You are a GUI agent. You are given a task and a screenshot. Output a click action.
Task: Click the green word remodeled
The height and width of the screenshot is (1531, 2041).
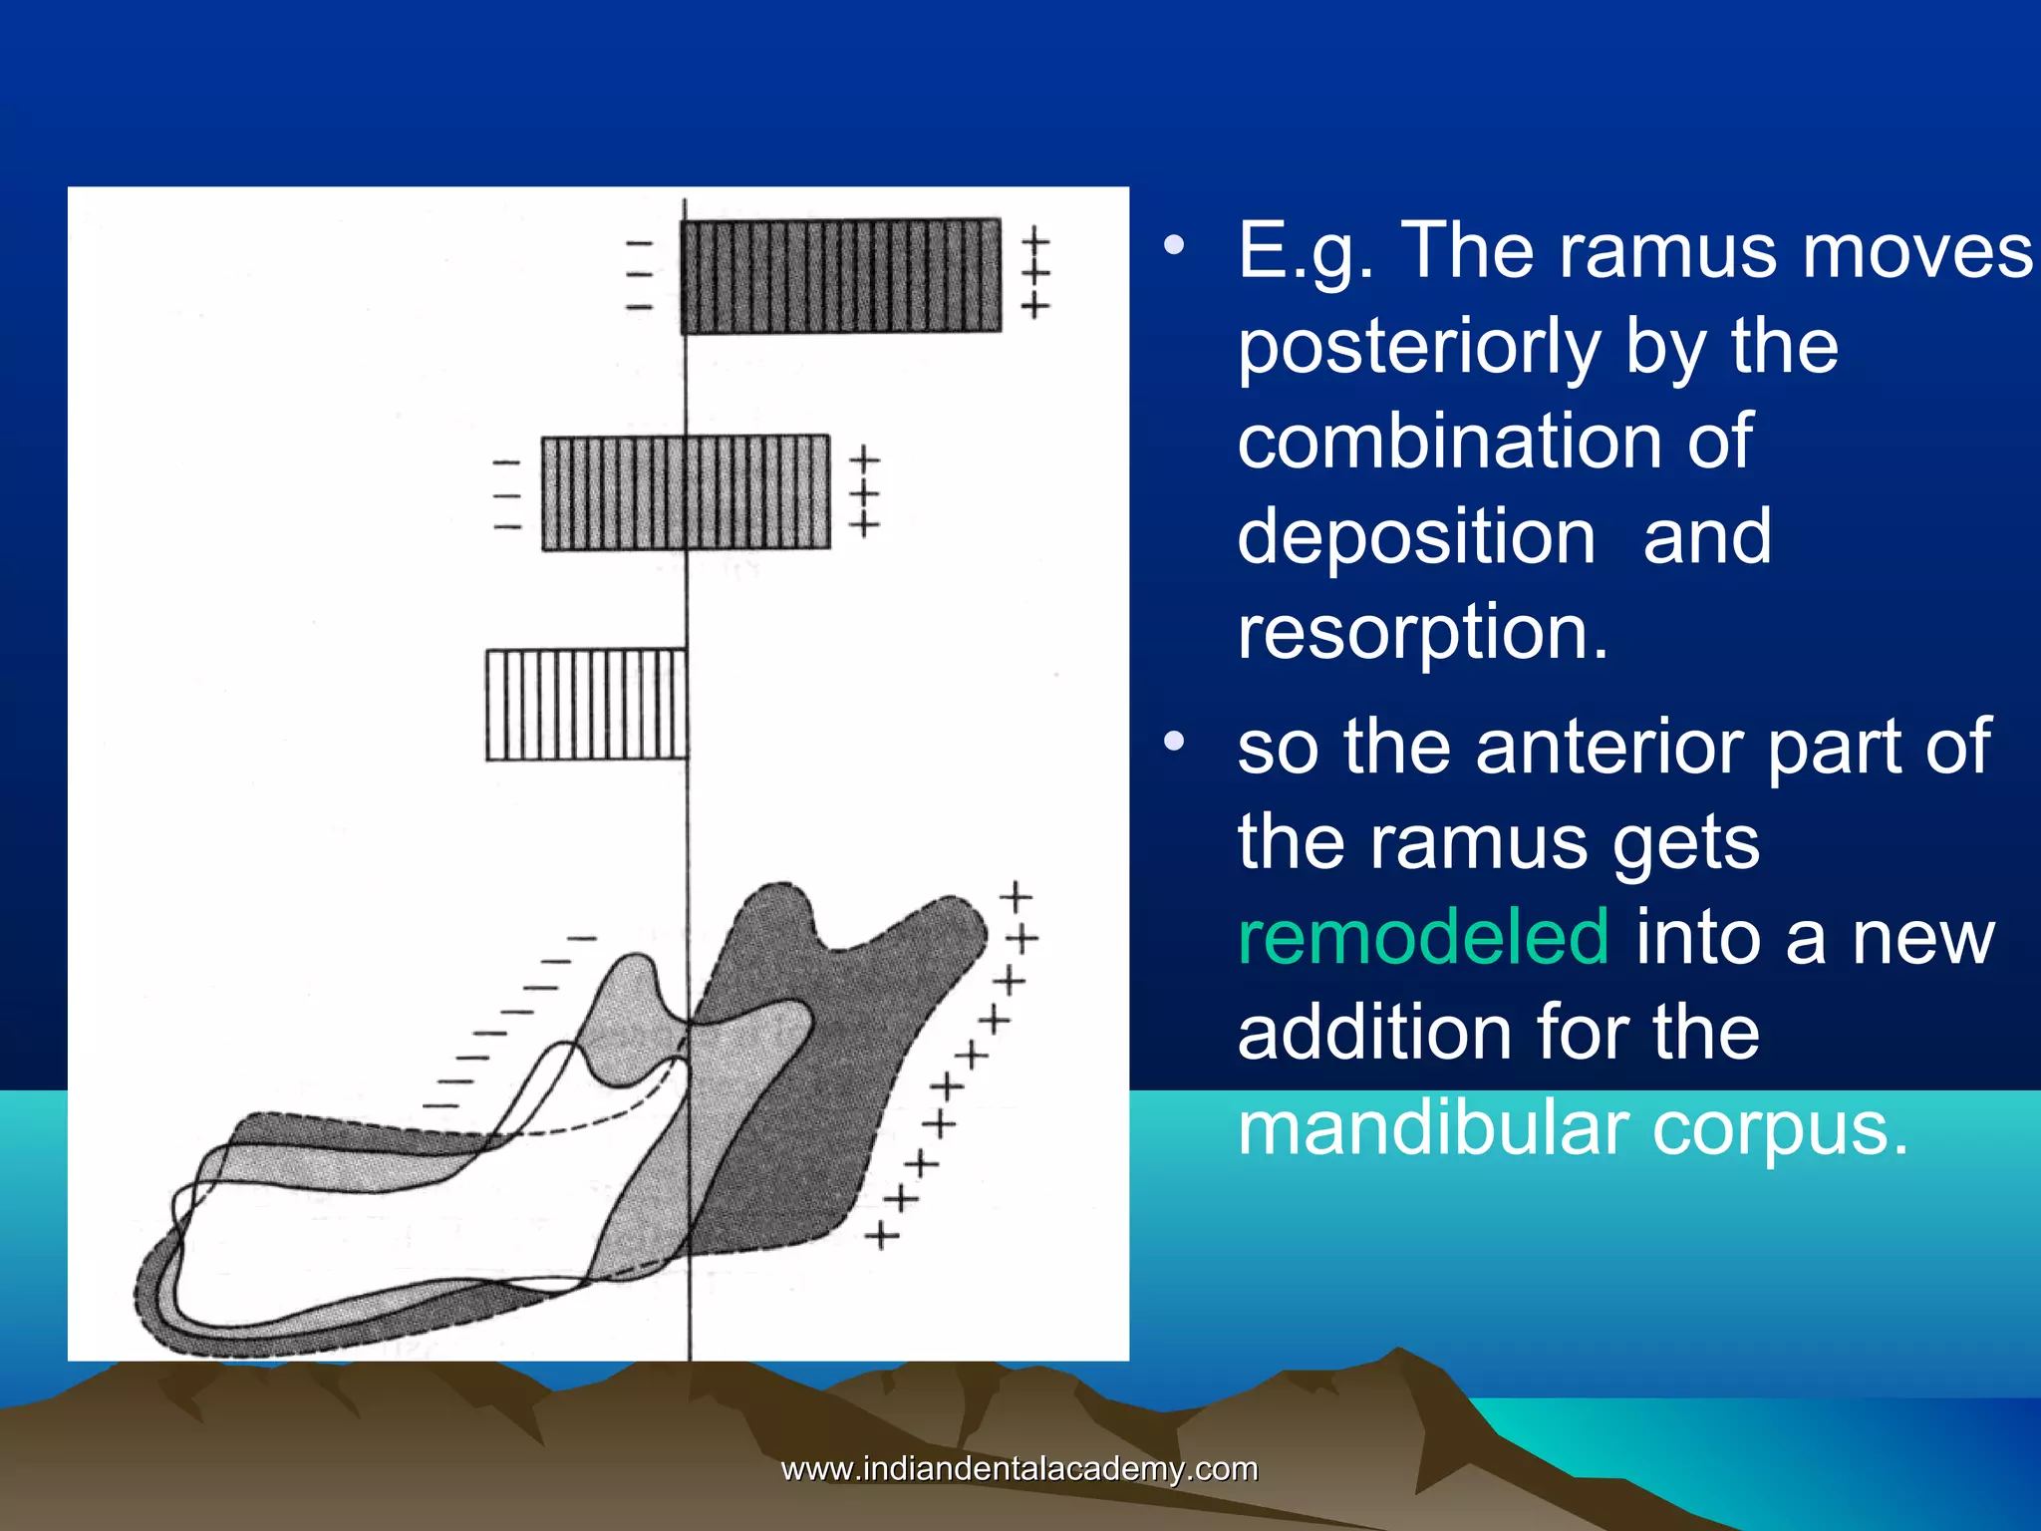pyautogui.click(x=1422, y=937)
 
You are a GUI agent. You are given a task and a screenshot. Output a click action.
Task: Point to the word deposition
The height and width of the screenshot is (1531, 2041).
pyautogui.click(x=1416, y=537)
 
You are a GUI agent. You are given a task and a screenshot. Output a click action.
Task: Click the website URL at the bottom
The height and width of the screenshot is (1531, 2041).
pyautogui.click(x=1020, y=1469)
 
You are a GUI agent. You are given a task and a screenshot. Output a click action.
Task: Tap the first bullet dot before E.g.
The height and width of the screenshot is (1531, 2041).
pyautogui.click(x=1176, y=244)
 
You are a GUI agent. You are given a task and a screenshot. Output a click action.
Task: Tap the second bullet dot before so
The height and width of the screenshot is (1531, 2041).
pyautogui.click(x=1176, y=741)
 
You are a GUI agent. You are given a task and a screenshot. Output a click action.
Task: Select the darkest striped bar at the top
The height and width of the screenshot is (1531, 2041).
pyautogui.click(x=841, y=276)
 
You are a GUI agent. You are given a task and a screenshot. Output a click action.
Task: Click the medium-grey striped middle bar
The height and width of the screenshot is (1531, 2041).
pyautogui.click(x=686, y=493)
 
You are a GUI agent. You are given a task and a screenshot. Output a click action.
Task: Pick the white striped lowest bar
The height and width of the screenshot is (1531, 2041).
pyautogui.click(x=586, y=705)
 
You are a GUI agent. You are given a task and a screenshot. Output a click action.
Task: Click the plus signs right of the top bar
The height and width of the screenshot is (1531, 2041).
pyautogui.click(x=1035, y=272)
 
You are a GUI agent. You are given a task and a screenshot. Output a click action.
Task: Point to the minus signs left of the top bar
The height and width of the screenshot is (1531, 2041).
pyautogui.click(x=639, y=274)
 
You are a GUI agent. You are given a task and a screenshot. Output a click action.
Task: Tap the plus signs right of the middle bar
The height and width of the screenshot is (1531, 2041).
pyautogui.click(x=864, y=491)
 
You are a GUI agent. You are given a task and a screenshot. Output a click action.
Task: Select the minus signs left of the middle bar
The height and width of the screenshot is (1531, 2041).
pyautogui.click(x=506, y=494)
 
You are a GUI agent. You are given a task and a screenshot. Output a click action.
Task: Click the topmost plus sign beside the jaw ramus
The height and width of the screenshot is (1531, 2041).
pyautogui.click(x=1016, y=896)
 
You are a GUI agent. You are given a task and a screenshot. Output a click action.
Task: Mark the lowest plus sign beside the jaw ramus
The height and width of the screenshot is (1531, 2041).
pyautogui.click(x=881, y=1237)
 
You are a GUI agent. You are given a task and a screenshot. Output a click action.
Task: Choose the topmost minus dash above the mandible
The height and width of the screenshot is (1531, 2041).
pyautogui.click(x=582, y=938)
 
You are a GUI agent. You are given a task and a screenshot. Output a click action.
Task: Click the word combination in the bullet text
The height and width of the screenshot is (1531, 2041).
pyautogui.click(x=1494, y=442)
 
